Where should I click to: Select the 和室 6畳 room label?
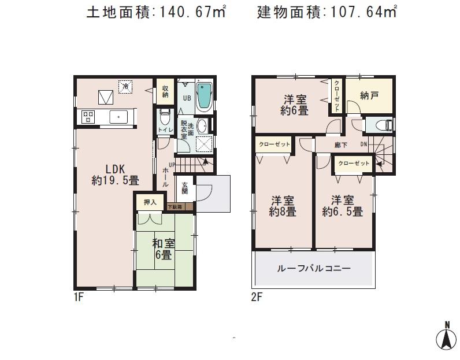click(x=164, y=249)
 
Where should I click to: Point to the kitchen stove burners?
click(x=88, y=117)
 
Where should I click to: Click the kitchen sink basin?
click(x=119, y=117)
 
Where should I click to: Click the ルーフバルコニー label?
click(x=314, y=269)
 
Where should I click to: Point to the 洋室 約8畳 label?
click(x=284, y=206)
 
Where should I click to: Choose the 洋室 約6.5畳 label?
click(x=343, y=206)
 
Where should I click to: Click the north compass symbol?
click(x=446, y=337)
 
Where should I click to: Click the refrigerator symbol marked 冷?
click(x=125, y=87)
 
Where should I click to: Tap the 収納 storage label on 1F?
click(x=165, y=91)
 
